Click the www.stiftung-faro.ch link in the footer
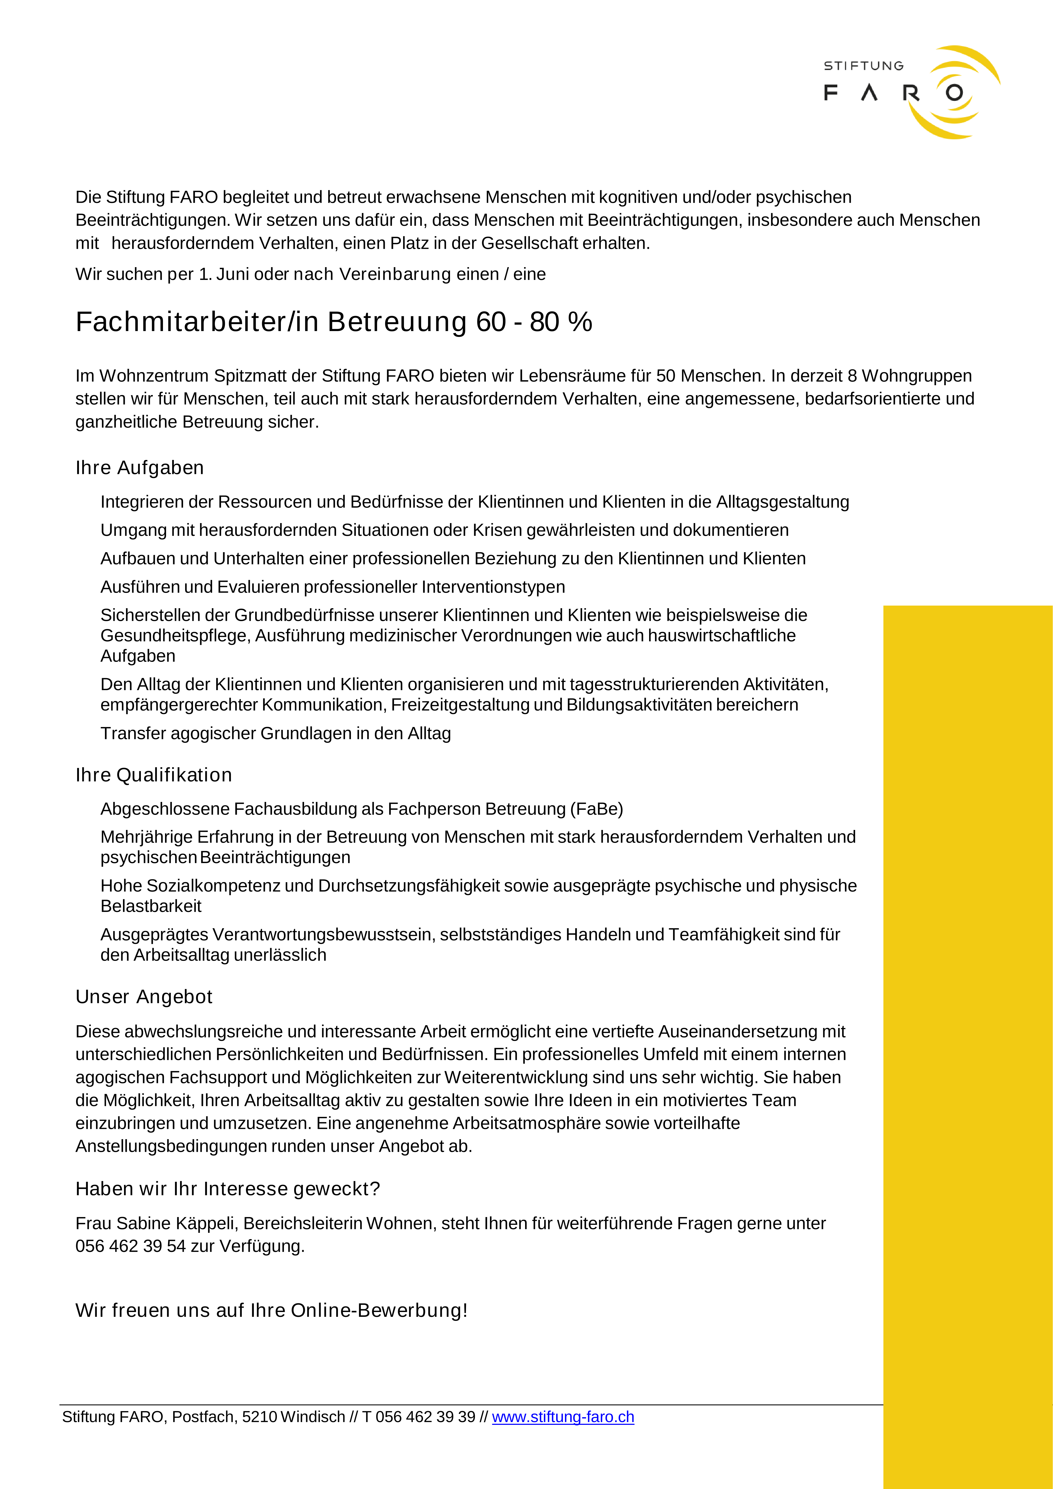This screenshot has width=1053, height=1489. coord(563,1417)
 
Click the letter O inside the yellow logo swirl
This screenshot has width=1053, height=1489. coord(954,93)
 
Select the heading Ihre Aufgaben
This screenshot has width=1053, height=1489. coord(139,468)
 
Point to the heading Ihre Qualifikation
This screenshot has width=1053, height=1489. coord(154,775)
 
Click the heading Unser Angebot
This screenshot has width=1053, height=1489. coord(144,997)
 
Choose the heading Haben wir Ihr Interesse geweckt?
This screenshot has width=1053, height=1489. coord(228,1189)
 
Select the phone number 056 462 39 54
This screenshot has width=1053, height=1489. coord(130,1246)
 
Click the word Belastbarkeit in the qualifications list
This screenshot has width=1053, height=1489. coord(151,906)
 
